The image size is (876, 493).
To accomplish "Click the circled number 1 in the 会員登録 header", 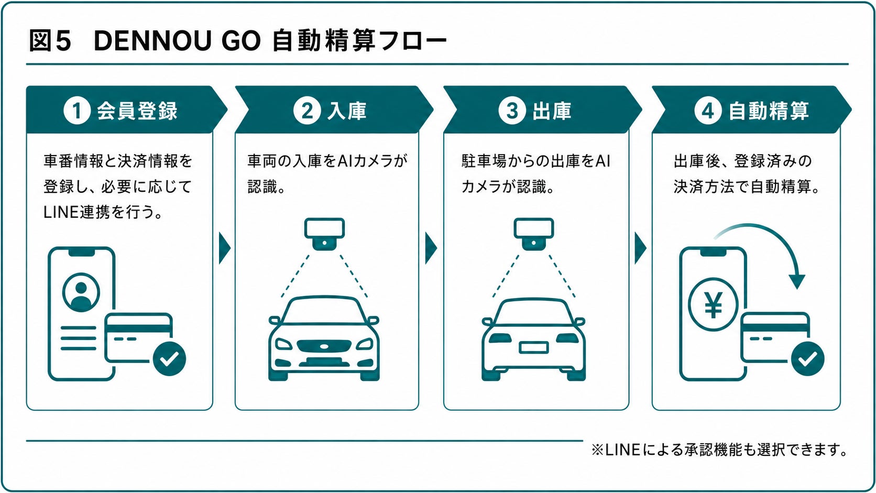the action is tap(77, 111).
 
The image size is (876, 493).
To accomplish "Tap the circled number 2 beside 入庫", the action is tap(307, 111).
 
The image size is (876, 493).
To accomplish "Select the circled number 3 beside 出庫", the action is tap(512, 111).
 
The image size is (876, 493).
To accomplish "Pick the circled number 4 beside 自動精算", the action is tap(708, 111).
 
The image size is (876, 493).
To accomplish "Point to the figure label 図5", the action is tap(50, 41).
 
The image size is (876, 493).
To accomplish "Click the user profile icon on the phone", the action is tap(81, 292).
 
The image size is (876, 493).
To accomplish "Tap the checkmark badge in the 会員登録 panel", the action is tap(169, 358).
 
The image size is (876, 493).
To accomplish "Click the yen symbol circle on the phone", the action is tap(713, 304).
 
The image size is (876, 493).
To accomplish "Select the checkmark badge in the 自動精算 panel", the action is tap(807, 358).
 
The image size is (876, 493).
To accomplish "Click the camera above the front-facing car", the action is tap(324, 234).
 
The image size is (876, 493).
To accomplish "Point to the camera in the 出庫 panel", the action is tap(534, 234).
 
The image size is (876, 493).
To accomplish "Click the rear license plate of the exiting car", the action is tap(533, 347).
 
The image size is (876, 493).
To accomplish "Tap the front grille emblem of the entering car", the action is tap(324, 346).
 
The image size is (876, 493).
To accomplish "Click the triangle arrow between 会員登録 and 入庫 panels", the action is tap(224, 248).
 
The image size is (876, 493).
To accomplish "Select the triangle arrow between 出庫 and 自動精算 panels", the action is tap(640, 248).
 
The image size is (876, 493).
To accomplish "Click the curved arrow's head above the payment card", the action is tap(796, 281).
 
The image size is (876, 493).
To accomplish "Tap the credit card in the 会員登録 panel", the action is tap(138, 337).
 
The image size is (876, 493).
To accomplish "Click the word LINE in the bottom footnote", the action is tap(622, 450).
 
